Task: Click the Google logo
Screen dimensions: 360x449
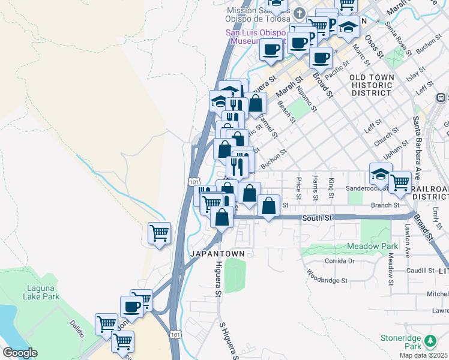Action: click(20, 353)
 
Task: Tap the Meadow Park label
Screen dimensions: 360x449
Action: click(372, 247)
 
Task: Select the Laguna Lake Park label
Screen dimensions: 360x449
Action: click(41, 292)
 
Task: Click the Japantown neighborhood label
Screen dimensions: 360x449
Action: click(217, 254)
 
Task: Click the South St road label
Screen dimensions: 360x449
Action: click(317, 218)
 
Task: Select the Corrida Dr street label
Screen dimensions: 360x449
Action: click(340, 261)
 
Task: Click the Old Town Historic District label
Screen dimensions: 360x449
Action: click(372, 85)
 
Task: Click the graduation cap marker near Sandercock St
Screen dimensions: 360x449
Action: click(381, 174)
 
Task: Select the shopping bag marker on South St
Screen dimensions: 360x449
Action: click(268, 206)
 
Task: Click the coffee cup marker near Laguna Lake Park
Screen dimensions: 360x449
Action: click(131, 307)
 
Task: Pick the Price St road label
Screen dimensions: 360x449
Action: click(299, 188)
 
